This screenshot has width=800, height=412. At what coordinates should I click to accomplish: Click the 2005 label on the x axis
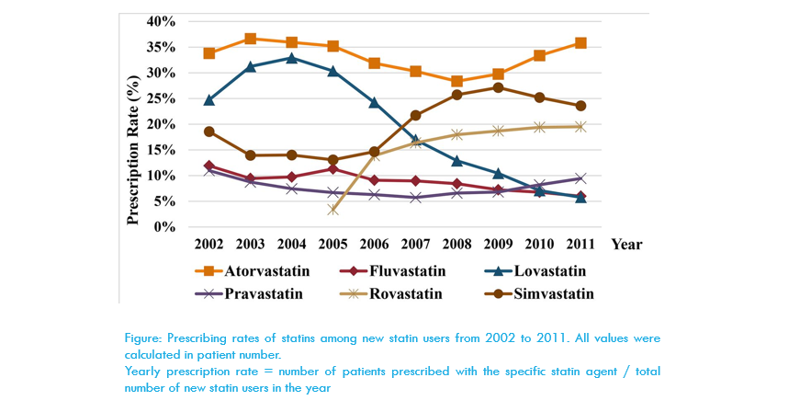tap(332, 245)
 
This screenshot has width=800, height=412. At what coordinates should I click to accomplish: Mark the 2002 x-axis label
tap(209, 245)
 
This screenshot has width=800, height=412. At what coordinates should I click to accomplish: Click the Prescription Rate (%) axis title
tap(134, 124)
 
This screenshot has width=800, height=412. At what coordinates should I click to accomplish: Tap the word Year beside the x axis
tap(626, 245)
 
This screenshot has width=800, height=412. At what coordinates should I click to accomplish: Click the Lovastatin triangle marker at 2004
tap(292, 58)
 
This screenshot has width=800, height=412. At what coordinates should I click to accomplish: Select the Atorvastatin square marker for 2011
tap(580, 43)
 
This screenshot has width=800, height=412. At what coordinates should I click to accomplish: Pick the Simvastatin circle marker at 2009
tap(498, 87)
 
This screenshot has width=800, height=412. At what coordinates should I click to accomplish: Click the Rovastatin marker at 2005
tap(333, 210)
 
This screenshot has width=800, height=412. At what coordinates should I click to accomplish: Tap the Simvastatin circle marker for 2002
tap(209, 132)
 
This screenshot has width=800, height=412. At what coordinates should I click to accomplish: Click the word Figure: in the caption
tap(144, 338)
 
